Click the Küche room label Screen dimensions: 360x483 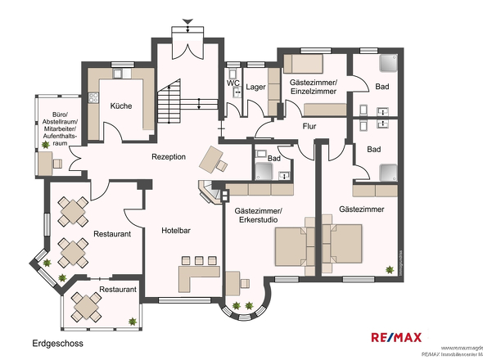[x=120, y=106]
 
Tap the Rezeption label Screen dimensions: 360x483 [x=168, y=157]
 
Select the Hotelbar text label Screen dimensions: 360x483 [x=176, y=231]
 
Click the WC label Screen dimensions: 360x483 [x=232, y=83]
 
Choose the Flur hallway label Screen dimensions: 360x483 [x=309, y=127]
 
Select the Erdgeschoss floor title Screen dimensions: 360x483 [x=58, y=344]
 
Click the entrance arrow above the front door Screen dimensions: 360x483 [x=189, y=21]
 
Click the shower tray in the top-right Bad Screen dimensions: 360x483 [x=388, y=64]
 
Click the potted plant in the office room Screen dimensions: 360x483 [x=45, y=145]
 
